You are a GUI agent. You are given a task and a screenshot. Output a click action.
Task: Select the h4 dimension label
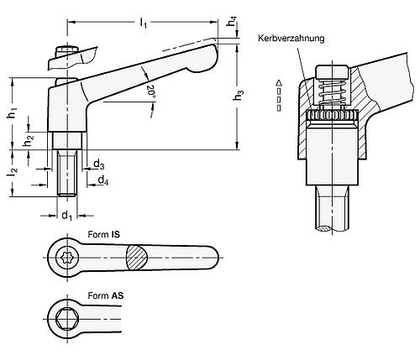(x=232, y=23)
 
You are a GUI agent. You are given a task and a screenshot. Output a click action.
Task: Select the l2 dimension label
(x=10, y=174)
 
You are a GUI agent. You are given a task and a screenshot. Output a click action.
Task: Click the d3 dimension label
(x=99, y=163)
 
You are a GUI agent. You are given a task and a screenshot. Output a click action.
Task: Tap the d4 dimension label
(x=102, y=180)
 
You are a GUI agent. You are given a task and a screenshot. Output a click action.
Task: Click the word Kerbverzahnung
(x=292, y=38)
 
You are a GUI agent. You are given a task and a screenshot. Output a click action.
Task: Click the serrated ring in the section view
(x=333, y=117)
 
